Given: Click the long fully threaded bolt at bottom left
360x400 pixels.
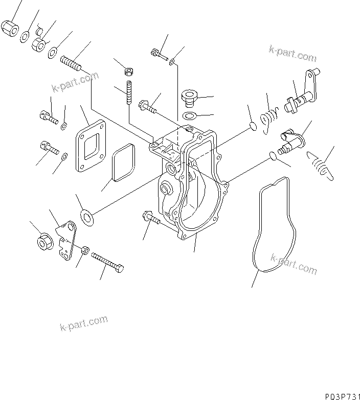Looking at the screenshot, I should (x=108, y=263).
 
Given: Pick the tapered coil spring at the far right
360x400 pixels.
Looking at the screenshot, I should (x=320, y=167).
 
